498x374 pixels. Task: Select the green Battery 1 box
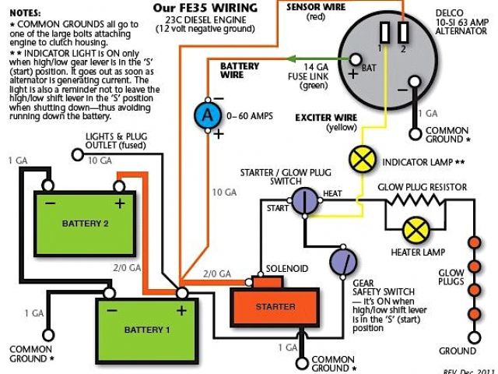(144, 328)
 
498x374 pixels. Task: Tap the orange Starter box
(275, 306)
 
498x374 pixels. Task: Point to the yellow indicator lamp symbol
(361, 159)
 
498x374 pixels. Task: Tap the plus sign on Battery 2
(120, 204)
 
